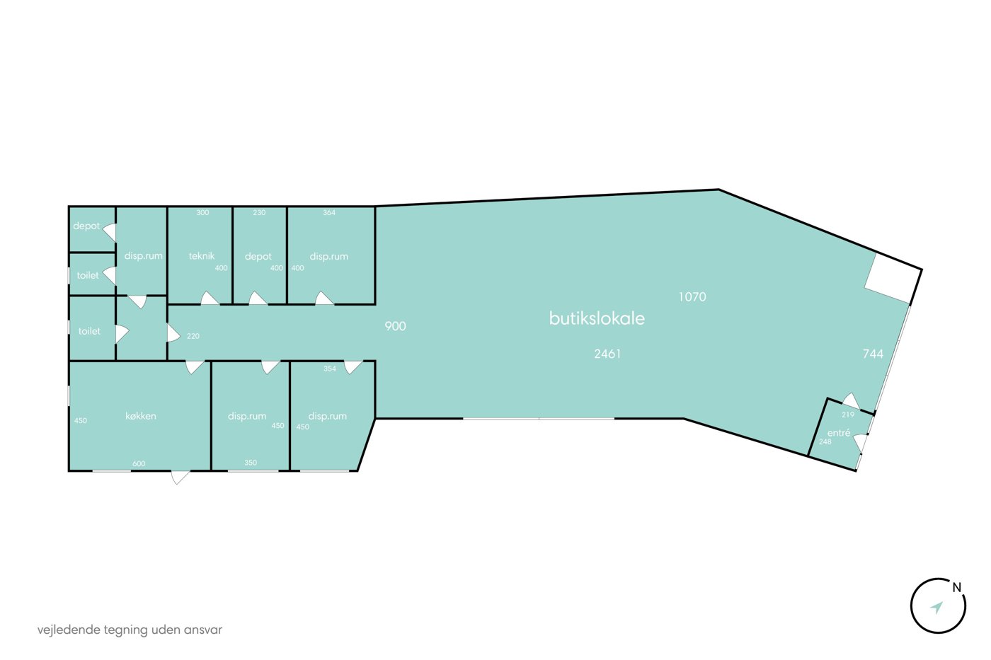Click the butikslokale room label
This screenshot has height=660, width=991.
tap(597, 318)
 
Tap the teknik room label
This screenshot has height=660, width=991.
tap(201, 255)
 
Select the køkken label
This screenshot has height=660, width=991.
tap(141, 415)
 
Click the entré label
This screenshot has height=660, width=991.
tap(839, 433)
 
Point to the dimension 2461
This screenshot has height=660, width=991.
tap(607, 354)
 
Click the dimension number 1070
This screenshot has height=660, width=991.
tap(692, 296)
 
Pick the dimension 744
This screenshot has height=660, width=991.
tap(873, 354)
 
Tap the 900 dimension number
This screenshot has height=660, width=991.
tap(395, 326)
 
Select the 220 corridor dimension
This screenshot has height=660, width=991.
tap(193, 336)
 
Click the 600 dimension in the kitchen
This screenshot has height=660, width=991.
tap(139, 463)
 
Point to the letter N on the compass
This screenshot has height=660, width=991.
tap(957, 588)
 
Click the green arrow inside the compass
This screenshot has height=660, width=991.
tap(936, 608)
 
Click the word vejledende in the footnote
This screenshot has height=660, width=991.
tap(69, 630)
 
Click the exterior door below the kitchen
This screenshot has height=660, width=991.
tap(180, 477)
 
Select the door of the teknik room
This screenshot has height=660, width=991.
tap(210, 299)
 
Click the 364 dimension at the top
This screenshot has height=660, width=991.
tap(329, 213)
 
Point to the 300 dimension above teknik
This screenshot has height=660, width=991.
tap(202, 213)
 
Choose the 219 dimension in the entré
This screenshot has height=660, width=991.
tap(848, 415)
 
